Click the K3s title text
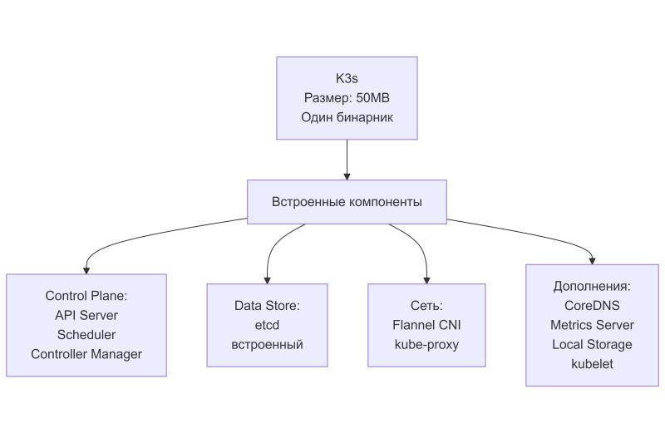[347, 79]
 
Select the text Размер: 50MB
[347, 98]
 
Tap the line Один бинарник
[347, 117]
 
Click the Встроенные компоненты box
[347, 202]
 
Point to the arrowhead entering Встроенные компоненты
[347, 176]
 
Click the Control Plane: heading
[86, 296]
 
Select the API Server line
[86, 315]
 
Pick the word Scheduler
[86, 334]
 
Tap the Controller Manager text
[86, 354]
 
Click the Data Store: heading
[267, 306]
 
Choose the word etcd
[267, 325]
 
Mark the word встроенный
[267, 344]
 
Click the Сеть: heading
[426, 306]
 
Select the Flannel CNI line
[426, 325]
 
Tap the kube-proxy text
[426, 344]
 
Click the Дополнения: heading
[592, 286]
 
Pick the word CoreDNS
[592, 305]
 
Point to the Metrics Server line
[592, 325]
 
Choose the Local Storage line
[592, 344]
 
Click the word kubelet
[592, 363]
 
